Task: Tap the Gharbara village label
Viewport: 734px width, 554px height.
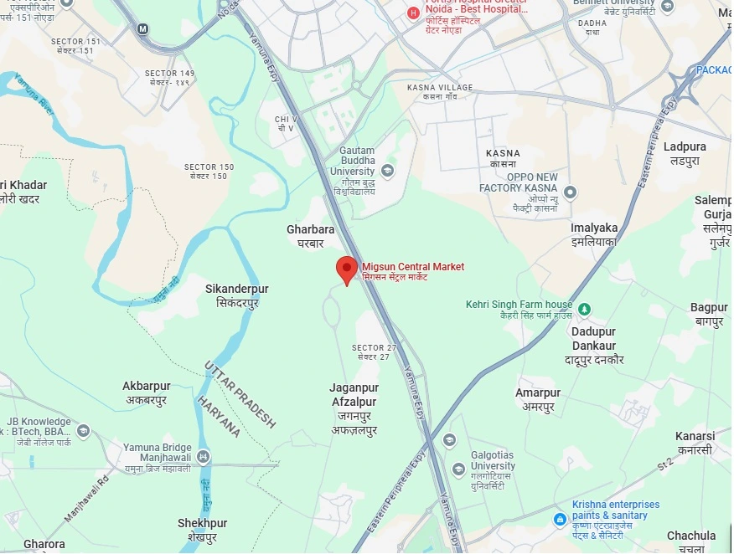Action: (310, 235)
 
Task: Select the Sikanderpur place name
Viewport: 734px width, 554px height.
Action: (237, 295)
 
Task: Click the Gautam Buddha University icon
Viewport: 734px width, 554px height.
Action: (387, 171)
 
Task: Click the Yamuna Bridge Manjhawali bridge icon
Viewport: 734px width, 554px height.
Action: (204, 457)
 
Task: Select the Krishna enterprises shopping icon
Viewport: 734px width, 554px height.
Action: (560, 520)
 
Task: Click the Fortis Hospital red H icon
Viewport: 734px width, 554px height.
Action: (412, 13)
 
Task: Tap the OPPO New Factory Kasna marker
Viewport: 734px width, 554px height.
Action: (571, 193)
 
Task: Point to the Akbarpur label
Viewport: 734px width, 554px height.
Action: (146, 392)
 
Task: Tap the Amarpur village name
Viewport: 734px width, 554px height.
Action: (537, 399)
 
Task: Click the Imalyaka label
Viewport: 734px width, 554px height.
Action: (594, 233)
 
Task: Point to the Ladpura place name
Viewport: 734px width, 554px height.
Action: (685, 152)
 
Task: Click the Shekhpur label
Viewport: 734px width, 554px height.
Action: (202, 530)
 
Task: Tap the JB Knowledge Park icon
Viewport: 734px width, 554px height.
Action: (83, 431)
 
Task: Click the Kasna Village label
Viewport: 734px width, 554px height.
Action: (440, 92)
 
